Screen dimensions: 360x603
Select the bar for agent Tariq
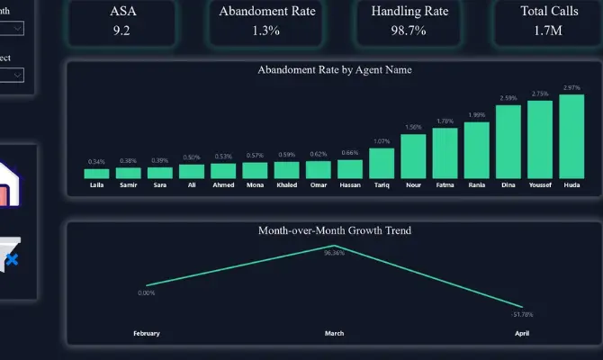(382, 164)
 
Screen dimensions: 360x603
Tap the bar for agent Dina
(508, 142)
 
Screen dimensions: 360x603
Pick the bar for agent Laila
(96, 174)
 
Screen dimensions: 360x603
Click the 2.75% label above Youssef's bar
(540, 94)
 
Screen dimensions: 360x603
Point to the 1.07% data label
(382, 141)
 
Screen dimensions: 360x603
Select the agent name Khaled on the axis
(286, 185)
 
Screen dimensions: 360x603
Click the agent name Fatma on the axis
(445, 185)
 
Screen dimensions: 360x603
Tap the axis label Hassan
(350, 185)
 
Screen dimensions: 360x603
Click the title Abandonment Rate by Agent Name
(335, 69)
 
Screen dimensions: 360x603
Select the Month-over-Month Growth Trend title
(335, 230)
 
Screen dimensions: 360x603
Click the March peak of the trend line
(334, 245)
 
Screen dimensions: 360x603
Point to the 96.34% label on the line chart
(334, 254)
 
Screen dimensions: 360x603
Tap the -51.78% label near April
(522, 314)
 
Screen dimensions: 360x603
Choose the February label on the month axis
(147, 333)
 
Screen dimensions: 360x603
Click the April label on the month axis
(522, 333)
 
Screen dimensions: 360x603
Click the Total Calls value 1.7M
(546, 30)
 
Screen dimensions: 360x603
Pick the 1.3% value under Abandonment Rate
(265, 30)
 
